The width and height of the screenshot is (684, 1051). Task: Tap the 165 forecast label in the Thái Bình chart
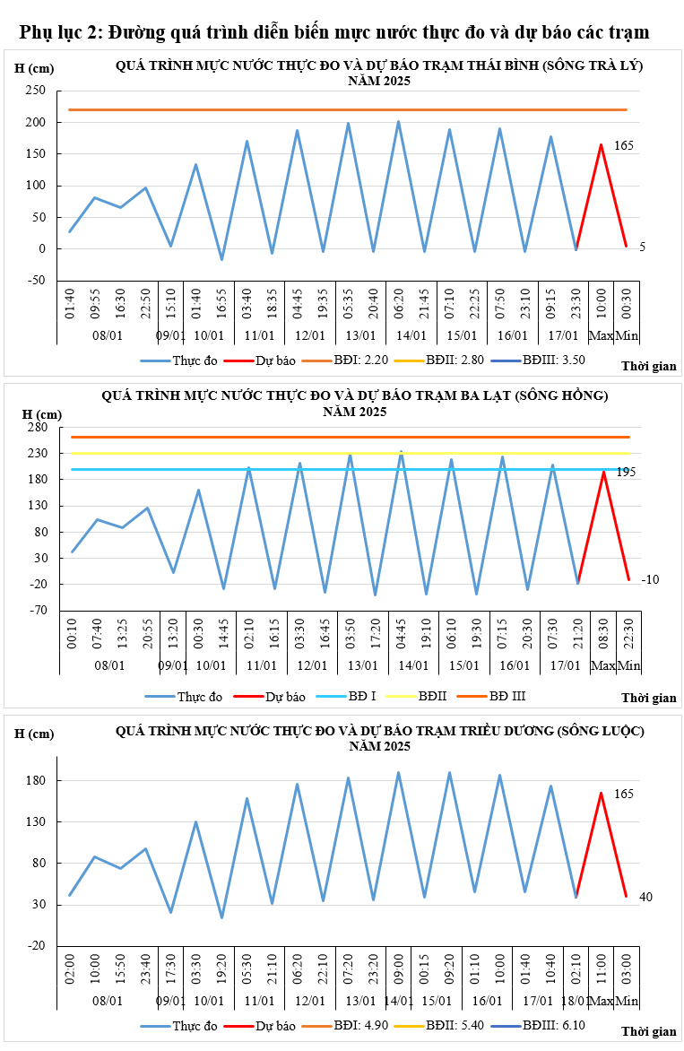[x=624, y=145]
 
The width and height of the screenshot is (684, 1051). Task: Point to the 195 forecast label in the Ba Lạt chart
[x=626, y=472]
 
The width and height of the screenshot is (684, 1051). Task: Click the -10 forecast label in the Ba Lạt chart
[x=650, y=580]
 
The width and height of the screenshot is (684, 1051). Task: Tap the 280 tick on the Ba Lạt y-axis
[x=36, y=427]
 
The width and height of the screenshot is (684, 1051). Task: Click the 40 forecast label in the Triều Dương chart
[x=645, y=897]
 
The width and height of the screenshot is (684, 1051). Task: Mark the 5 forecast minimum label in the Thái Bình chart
[x=642, y=247]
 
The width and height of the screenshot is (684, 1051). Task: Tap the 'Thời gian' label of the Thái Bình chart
[x=648, y=366]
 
